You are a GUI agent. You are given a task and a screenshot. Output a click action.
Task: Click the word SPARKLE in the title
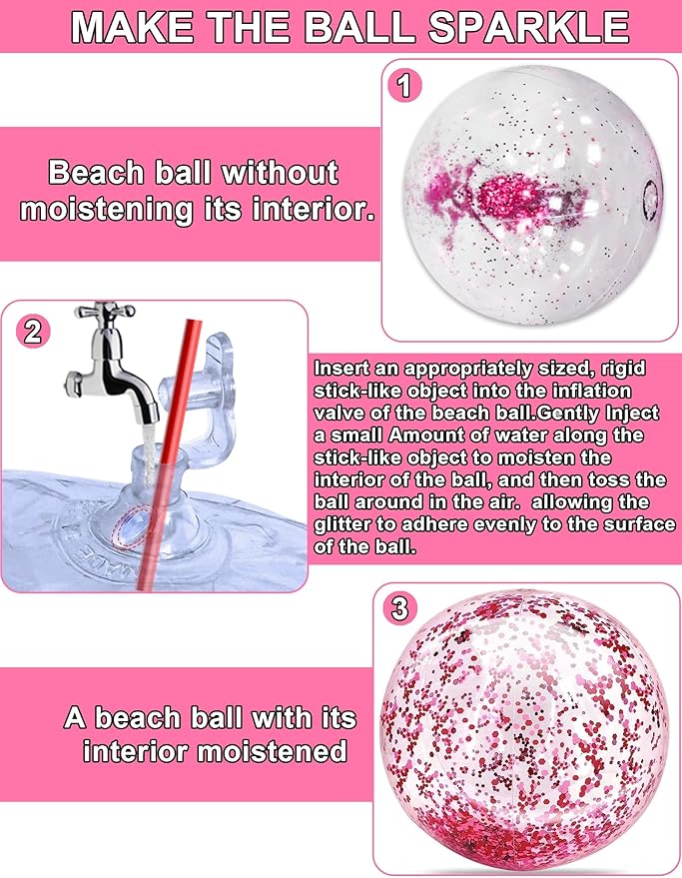(529, 26)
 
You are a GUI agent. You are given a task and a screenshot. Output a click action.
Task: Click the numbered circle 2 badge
(34, 332)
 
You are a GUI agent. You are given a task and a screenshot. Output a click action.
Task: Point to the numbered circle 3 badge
(399, 608)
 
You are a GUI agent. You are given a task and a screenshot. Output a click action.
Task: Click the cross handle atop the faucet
(105, 311)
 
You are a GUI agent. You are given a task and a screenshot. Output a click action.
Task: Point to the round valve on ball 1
(651, 200)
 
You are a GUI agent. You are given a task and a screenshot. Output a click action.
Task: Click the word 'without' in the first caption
(280, 173)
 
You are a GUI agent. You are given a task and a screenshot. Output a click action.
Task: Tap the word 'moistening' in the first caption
(105, 210)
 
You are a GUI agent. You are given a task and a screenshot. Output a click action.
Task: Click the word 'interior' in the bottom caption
(137, 750)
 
